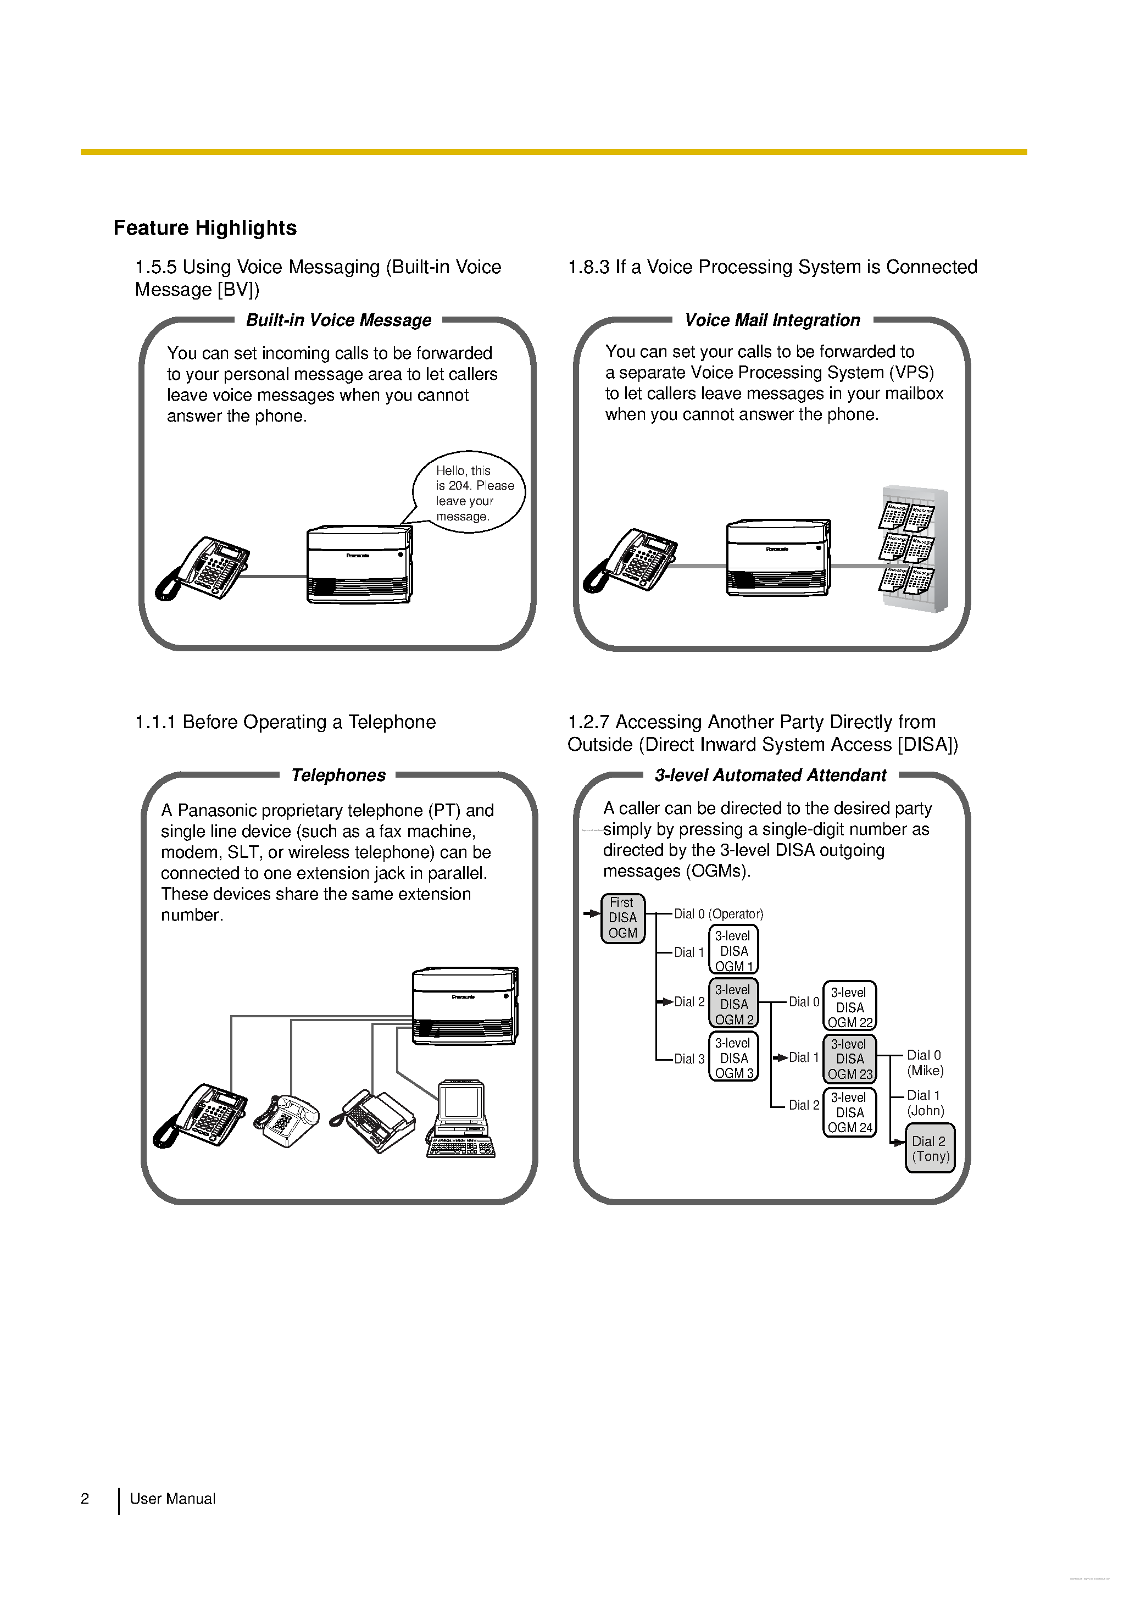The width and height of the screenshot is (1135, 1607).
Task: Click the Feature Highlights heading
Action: point(205,228)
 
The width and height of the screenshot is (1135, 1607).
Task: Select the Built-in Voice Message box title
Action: point(338,320)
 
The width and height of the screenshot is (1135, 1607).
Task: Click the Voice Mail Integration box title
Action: point(772,320)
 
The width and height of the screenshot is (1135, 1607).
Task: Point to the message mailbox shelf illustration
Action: point(912,548)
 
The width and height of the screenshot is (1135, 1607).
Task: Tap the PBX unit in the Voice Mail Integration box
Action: point(778,558)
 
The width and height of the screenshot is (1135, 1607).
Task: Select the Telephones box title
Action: point(338,775)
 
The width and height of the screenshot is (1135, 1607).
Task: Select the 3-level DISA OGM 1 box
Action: point(733,950)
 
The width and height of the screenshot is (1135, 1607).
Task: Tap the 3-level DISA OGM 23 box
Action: point(849,1059)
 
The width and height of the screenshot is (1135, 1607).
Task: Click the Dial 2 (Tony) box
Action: point(930,1149)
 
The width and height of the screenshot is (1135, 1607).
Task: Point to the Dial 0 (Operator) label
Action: point(718,914)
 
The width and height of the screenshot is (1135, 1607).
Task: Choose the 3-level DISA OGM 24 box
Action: point(849,1112)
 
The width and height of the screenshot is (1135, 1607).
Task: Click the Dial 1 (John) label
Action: point(925,1103)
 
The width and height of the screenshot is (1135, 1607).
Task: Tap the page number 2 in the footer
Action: point(85,1499)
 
